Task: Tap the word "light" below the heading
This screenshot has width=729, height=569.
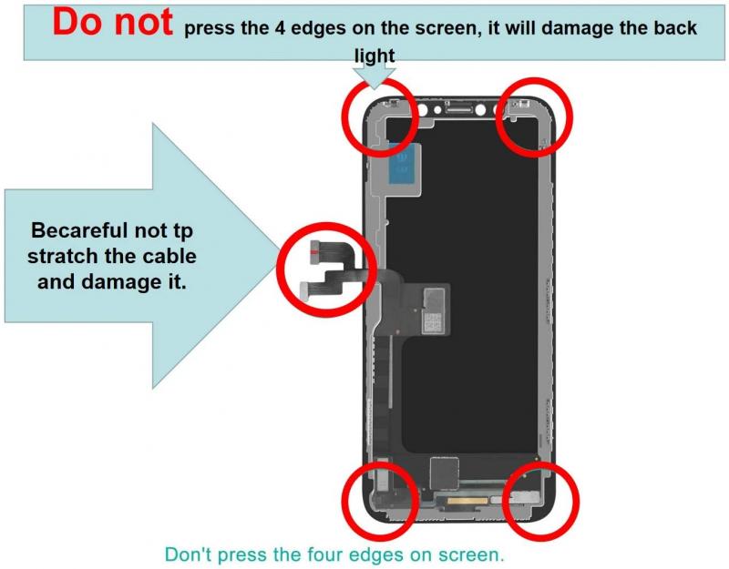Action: (375, 56)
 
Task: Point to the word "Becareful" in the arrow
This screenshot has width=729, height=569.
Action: (79, 230)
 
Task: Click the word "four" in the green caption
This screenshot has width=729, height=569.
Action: (325, 554)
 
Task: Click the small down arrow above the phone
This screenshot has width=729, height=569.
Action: (374, 76)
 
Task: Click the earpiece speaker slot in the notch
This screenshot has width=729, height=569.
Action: (459, 109)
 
